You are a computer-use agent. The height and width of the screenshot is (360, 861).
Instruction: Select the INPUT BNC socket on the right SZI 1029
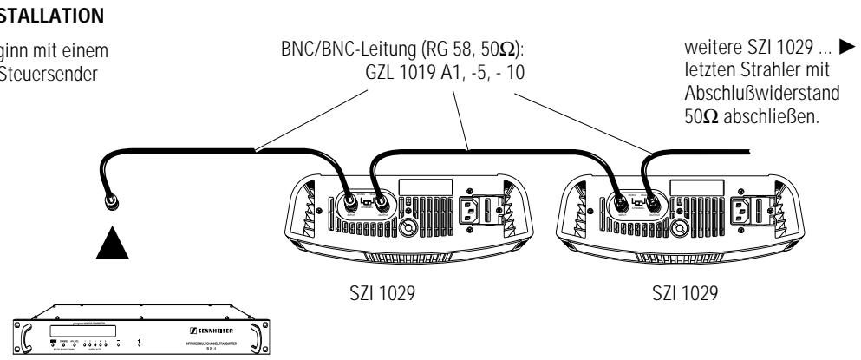[621, 205]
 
